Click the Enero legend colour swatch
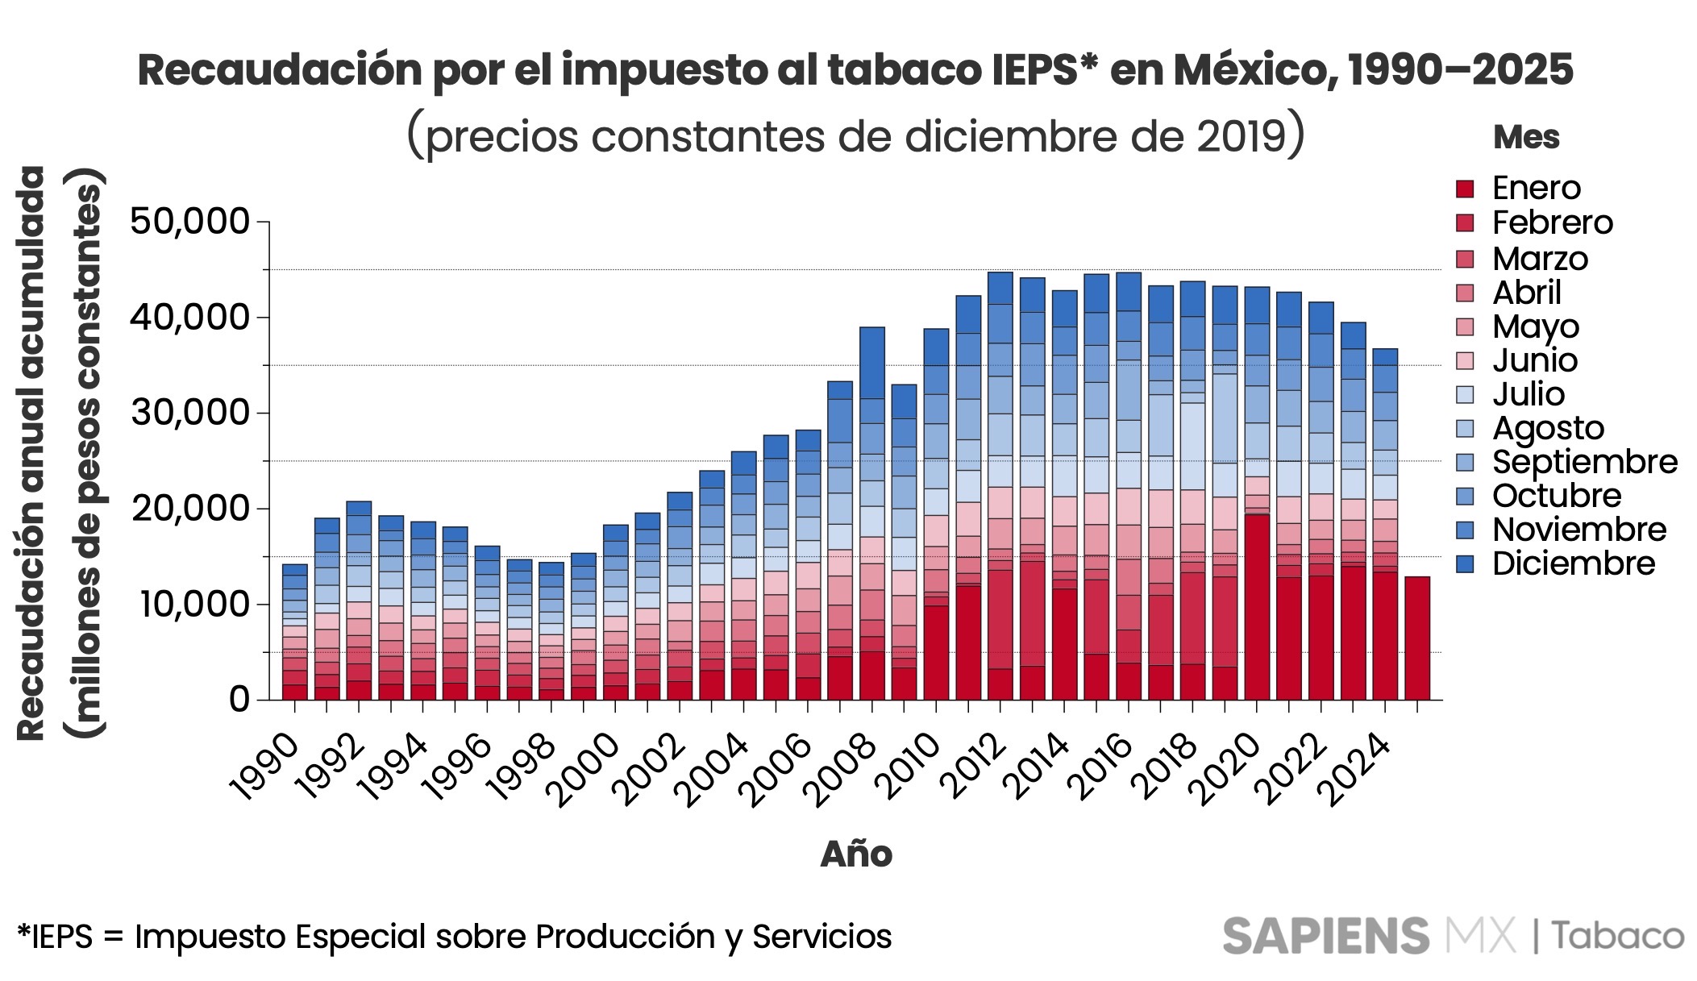[x=1465, y=189]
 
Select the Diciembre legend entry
[x=1573, y=563]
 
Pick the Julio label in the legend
[x=1528, y=394]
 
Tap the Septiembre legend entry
[x=1584, y=462]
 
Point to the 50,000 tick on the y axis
[x=190, y=222]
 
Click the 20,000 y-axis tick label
[x=190, y=509]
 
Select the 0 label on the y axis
[x=239, y=699]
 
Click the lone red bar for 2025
[x=1417, y=638]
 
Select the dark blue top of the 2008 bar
[x=872, y=363]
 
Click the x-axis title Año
[x=856, y=854]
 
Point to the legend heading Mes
[x=1526, y=137]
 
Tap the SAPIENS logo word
[x=1325, y=937]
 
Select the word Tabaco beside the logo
[x=1618, y=937]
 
